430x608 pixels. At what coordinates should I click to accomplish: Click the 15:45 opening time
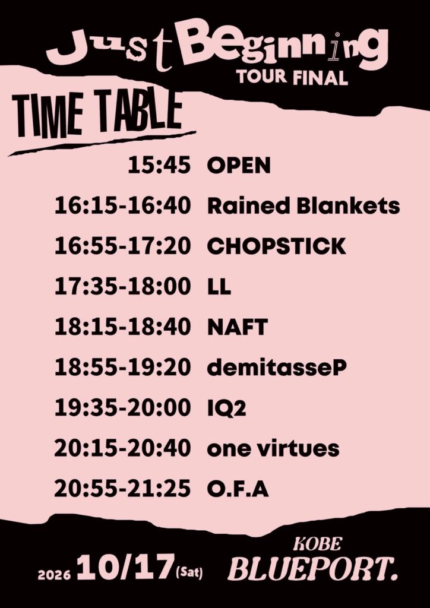coord(159,166)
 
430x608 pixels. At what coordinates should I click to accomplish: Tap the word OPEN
coord(238,166)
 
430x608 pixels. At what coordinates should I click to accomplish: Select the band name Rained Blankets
coord(303,206)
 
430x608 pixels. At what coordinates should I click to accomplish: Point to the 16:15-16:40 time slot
coord(122,206)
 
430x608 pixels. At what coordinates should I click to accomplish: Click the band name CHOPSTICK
coord(276,246)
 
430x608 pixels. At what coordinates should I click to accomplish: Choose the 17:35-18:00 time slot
coord(122,287)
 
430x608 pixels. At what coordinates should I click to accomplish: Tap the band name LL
coord(219,287)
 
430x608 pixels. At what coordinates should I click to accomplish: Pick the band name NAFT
coord(238,327)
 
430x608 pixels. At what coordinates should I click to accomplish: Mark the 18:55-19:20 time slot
coord(122,368)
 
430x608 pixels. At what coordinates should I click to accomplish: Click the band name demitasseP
coord(276,368)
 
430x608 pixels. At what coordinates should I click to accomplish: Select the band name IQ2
coord(226,408)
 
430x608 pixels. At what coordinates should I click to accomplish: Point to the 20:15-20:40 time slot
coord(122,449)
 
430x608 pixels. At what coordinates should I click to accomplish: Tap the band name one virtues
coord(273,449)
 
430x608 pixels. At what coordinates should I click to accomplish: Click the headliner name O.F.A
coord(238,489)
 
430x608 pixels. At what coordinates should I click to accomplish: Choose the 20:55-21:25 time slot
coord(122,489)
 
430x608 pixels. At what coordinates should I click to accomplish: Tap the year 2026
coord(54,575)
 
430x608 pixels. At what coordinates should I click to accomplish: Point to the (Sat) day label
coord(189,573)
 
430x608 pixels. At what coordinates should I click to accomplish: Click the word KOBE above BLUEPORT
coord(317,544)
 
